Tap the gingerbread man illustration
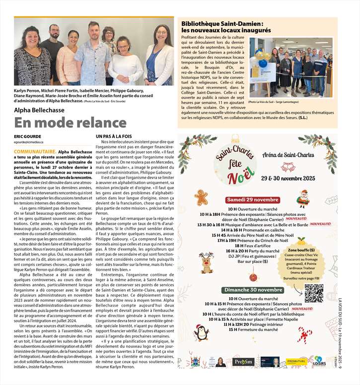point(201,196)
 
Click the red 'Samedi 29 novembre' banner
point(252,199)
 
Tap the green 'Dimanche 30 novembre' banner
point(253,290)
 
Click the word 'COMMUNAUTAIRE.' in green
point(35,150)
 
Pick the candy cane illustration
point(304,335)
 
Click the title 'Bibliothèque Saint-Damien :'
point(221,23)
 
